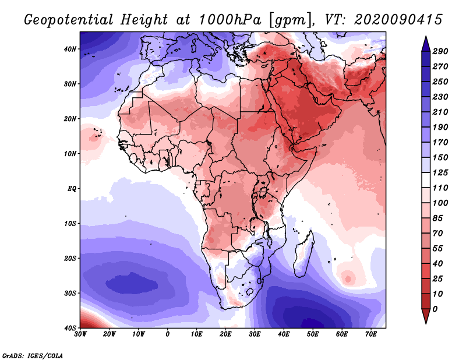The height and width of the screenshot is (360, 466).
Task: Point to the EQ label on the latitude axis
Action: [71, 188]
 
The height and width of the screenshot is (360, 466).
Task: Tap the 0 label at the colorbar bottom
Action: [436, 308]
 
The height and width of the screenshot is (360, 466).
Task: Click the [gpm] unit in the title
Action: [288, 20]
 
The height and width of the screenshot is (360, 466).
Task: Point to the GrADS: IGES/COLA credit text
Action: [33, 355]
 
